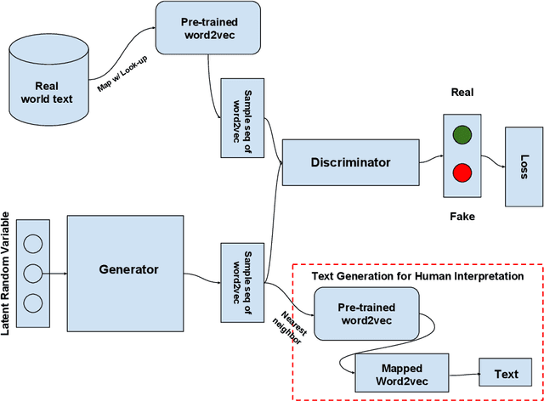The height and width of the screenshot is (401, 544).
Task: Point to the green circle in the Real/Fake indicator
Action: [462, 135]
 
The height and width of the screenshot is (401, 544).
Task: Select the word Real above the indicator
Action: [462, 93]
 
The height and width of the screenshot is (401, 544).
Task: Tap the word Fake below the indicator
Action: [462, 217]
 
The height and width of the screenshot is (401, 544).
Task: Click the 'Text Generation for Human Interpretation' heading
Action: [417, 276]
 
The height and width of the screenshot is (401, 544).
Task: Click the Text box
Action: [506, 373]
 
